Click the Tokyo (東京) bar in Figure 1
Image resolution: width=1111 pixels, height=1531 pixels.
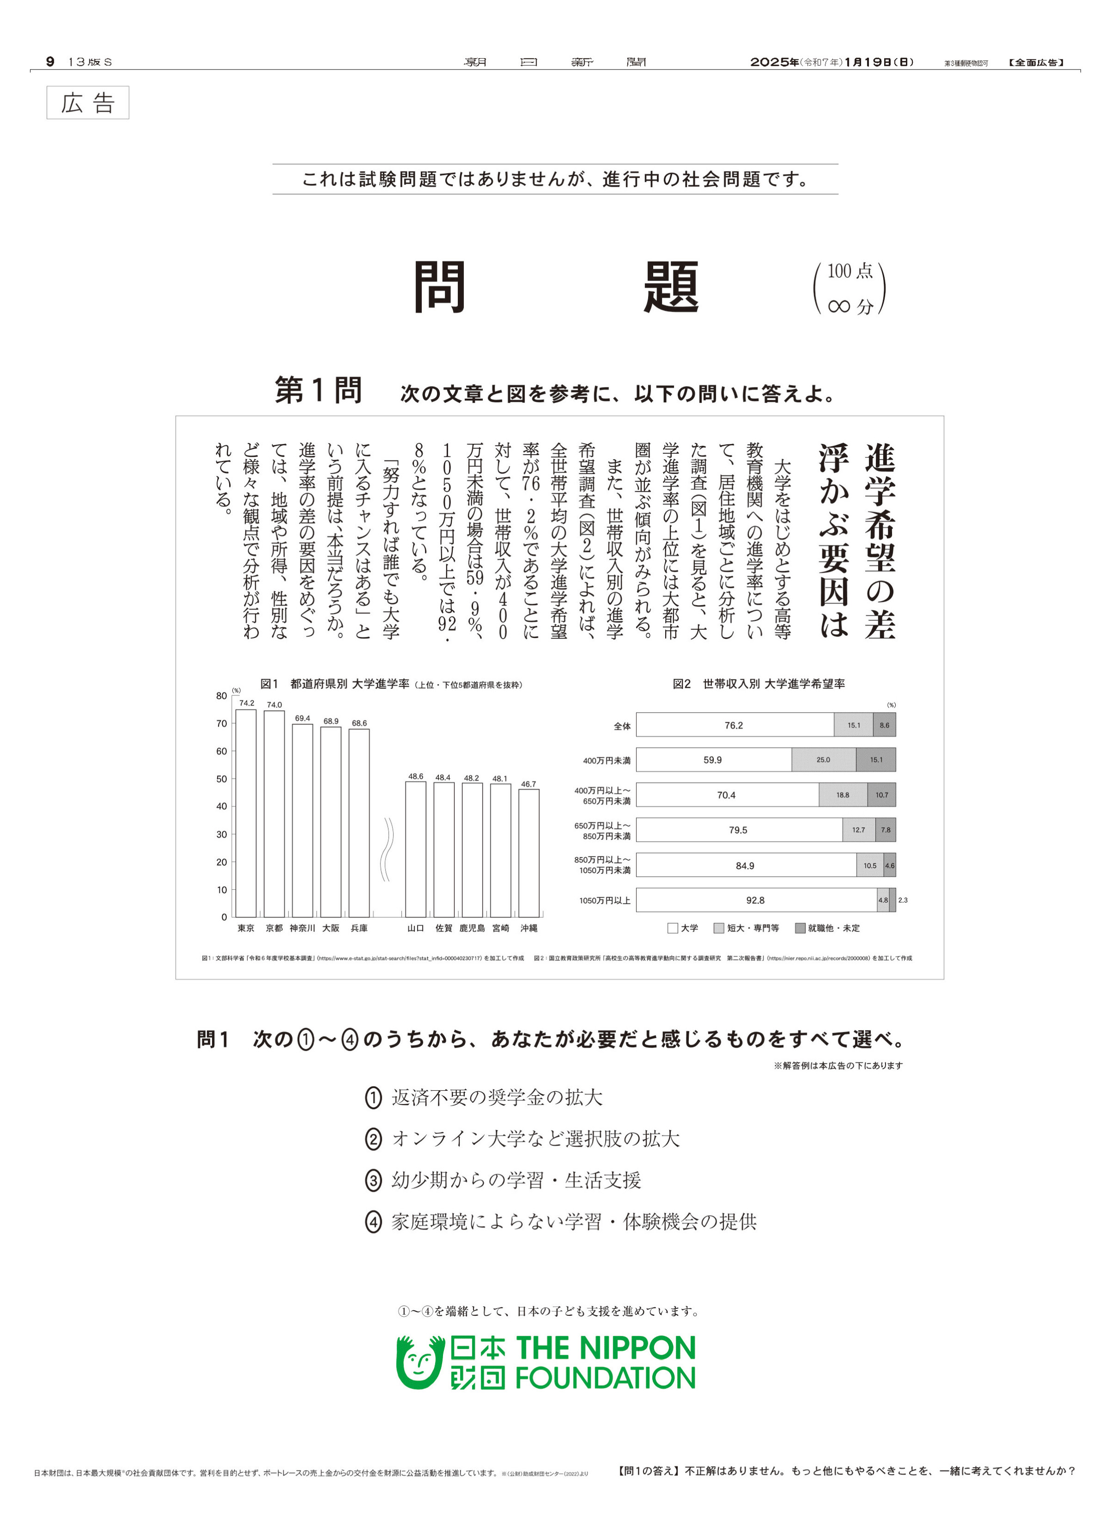click(246, 813)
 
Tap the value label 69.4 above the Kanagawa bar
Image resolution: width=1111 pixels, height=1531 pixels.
click(302, 718)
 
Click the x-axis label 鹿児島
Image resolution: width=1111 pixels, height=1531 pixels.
click(472, 929)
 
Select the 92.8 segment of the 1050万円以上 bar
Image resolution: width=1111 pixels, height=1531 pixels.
click(755, 900)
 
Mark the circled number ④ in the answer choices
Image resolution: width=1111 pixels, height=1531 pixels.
click(373, 1222)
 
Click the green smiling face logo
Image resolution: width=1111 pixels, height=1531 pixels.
click(418, 1362)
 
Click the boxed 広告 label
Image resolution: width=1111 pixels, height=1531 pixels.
click(88, 103)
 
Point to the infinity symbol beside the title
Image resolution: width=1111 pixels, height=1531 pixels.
click(838, 306)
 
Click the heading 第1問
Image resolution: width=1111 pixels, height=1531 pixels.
click(318, 391)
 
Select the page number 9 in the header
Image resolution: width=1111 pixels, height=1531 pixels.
click(50, 62)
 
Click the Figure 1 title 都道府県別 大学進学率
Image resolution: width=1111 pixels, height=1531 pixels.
click(349, 684)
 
